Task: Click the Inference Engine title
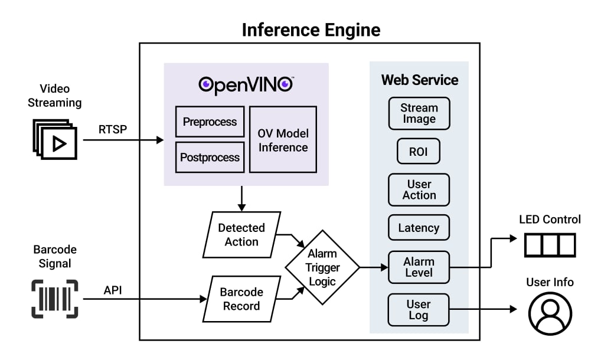pos(311,30)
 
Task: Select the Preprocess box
pos(210,122)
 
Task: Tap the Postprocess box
pos(210,158)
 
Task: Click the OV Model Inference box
pos(283,140)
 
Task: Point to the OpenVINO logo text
pos(246,84)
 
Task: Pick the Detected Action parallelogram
pos(241,234)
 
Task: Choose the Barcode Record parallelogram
pos(240,299)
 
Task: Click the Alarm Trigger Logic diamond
pos(322,267)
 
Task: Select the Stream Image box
pos(419,113)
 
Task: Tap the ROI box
pos(418,152)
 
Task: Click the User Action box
pos(419,189)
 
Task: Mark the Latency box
pos(419,228)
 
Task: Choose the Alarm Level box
pos(419,267)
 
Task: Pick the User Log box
pos(419,310)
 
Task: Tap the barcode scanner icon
pos(54,299)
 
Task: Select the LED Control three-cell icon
pos(550,244)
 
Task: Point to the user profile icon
pos(550,313)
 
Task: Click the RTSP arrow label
pos(112,129)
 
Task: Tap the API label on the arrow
pos(113,289)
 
